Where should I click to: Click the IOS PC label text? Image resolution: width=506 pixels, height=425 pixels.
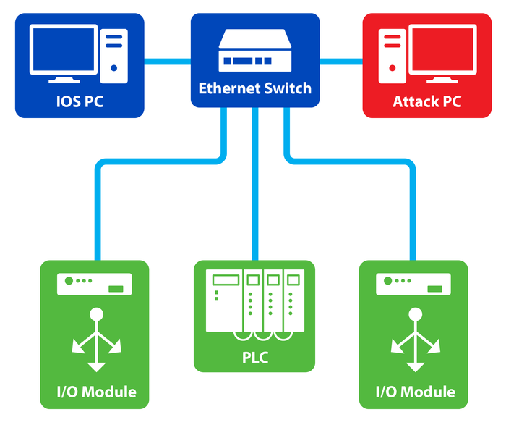tap(80, 101)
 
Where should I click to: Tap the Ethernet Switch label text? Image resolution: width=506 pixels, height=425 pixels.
tap(254, 89)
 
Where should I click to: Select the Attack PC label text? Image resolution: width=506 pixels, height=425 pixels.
tap(426, 101)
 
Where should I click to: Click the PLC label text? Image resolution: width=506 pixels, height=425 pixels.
tap(254, 357)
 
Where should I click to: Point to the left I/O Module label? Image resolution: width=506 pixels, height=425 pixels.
tap(96, 392)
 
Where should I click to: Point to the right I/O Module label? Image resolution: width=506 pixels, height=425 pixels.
tap(415, 392)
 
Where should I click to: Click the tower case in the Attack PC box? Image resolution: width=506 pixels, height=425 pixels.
tap(392, 54)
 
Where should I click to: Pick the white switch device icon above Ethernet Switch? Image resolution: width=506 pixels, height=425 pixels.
tap(254, 50)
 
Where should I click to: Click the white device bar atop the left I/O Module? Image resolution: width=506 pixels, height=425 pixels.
tap(95, 283)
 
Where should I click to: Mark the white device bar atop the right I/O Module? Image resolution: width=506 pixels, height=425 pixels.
tap(414, 283)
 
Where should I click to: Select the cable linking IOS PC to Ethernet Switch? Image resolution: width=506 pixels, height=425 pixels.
tap(167, 61)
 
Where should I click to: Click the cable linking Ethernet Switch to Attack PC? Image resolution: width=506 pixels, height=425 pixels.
tap(340, 61)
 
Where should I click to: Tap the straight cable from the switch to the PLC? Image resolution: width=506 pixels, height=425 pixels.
tap(254, 188)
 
